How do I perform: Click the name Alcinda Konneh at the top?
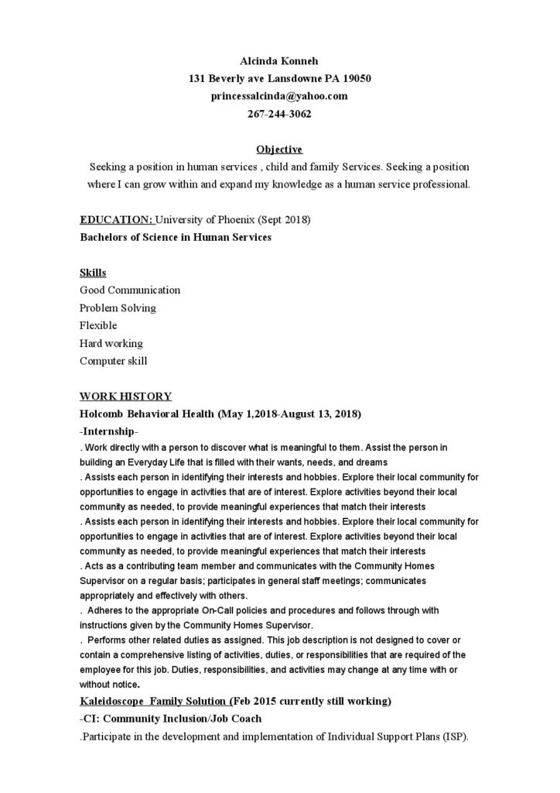[x=279, y=61]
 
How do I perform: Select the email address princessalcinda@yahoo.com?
[x=279, y=96]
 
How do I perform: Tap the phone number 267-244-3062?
[x=279, y=114]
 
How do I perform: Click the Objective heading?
[x=279, y=149]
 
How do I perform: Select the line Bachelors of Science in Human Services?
[x=176, y=237]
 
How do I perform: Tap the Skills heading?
[x=93, y=273]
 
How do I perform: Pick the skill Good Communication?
[x=130, y=290]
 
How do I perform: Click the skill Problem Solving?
[x=118, y=308]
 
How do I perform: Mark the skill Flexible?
[x=98, y=325]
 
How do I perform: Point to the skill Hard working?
[x=111, y=343]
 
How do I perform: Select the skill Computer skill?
[x=113, y=361]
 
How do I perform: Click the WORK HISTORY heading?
[x=125, y=396]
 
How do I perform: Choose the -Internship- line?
[x=109, y=431]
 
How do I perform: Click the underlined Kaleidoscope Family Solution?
[x=154, y=702]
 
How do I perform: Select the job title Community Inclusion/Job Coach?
[x=179, y=719]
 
